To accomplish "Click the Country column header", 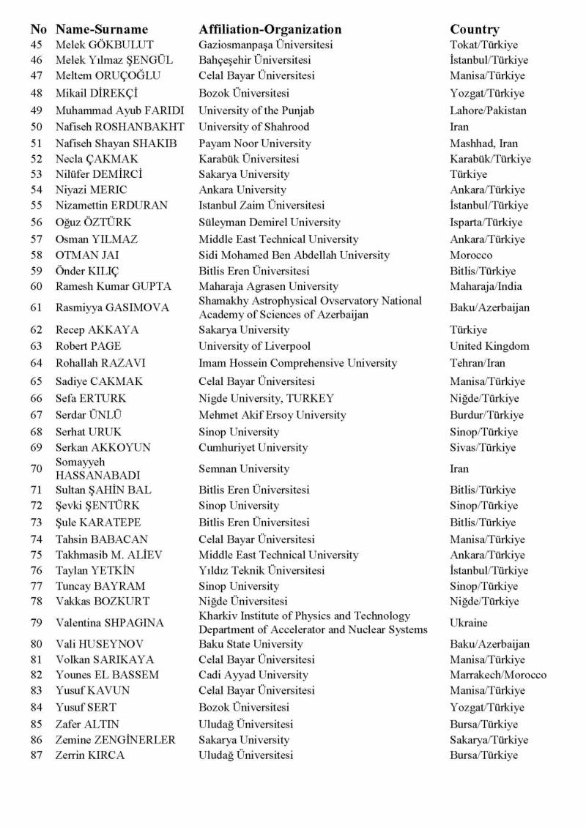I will click(x=475, y=29).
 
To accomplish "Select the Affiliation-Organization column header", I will click(x=270, y=29).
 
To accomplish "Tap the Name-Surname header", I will click(x=102, y=29).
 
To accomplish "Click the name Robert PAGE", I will click(x=89, y=346).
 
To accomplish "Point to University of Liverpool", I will click(x=254, y=346).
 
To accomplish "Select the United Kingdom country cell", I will click(x=489, y=346).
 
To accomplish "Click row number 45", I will click(x=37, y=45).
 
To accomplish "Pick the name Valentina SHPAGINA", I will click(x=110, y=623).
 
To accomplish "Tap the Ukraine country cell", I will click(x=468, y=623).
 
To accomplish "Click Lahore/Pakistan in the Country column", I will click(x=488, y=111).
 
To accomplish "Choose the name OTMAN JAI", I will click(x=87, y=255).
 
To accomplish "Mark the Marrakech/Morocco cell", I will click(x=498, y=675).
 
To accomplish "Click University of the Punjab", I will click(x=256, y=111).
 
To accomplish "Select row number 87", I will click(x=37, y=755).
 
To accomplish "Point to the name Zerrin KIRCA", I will click(x=90, y=755).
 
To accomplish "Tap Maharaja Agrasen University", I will click(x=268, y=286).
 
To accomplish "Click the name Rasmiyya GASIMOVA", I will click(x=112, y=307).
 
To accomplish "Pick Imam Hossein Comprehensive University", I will click(x=297, y=363).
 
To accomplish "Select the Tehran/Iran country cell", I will click(x=478, y=363).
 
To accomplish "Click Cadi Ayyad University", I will click(x=253, y=675).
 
